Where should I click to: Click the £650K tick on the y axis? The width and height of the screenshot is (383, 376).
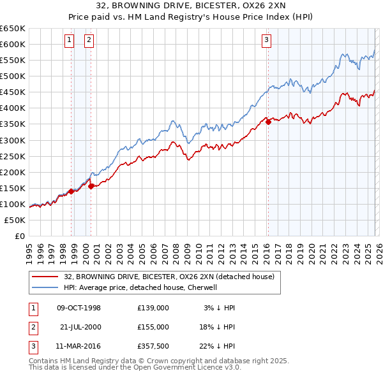(x=13, y=29)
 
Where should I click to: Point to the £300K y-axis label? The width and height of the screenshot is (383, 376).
(x=13, y=140)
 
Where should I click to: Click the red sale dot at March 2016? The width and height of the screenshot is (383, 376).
(x=268, y=122)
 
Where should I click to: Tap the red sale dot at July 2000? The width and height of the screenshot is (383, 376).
(x=91, y=186)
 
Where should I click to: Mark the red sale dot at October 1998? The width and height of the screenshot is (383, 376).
(x=71, y=191)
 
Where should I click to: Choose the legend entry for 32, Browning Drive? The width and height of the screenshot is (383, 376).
(x=169, y=277)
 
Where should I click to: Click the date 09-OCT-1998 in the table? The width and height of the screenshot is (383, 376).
(x=79, y=308)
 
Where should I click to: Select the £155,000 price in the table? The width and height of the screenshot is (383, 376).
(x=153, y=326)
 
